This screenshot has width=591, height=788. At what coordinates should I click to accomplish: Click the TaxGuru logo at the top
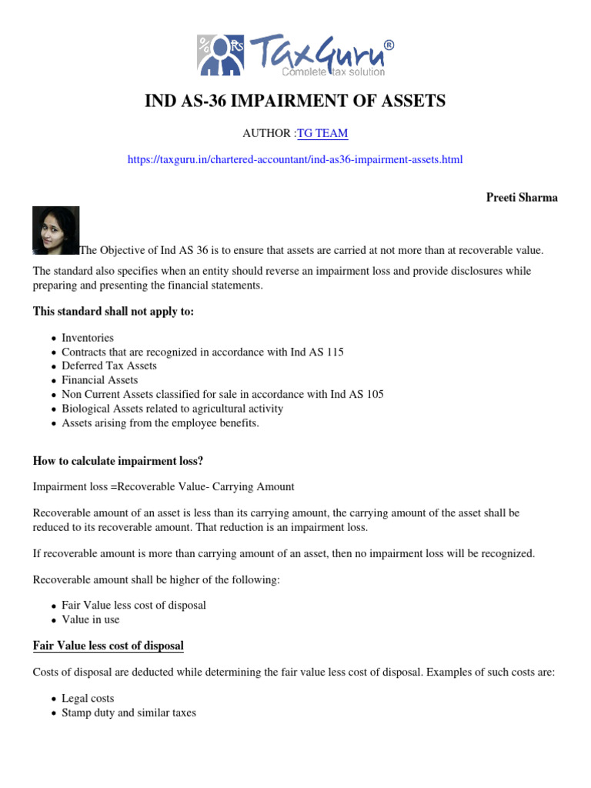295,53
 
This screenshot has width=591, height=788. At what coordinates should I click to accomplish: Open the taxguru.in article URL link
295,159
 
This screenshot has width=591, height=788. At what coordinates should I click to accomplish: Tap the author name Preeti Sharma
522,198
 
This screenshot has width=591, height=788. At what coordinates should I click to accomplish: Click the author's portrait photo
55,230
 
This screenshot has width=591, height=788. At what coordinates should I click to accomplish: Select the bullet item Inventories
88,338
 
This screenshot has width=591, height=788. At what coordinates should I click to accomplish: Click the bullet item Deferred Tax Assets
109,366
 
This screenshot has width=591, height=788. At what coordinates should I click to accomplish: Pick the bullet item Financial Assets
100,379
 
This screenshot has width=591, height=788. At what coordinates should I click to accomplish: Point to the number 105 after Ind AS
375,394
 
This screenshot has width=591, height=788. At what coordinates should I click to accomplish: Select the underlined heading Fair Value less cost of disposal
109,646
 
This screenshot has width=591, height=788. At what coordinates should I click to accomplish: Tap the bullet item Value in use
91,619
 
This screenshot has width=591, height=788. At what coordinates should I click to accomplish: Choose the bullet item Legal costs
88,699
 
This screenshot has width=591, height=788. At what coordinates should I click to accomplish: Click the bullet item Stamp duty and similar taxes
129,713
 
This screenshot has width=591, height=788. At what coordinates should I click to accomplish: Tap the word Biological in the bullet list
85,409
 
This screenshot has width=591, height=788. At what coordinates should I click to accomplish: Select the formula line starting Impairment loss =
163,487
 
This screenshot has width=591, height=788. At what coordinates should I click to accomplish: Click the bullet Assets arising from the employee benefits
160,422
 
